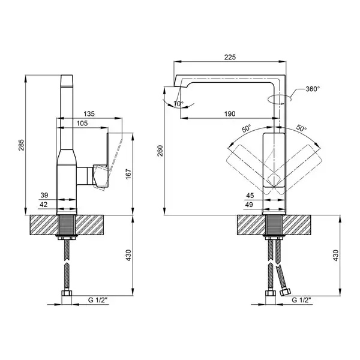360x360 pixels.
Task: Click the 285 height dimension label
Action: (x=21, y=145)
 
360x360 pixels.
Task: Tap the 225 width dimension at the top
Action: (x=230, y=57)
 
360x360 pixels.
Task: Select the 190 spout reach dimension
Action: (x=230, y=113)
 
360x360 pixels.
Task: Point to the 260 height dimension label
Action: (x=160, y=151)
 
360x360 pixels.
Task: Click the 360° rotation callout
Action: (x=313, y=89)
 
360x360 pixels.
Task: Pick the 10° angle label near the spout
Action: (x=178, y=104)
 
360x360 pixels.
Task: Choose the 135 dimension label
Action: (x=89, y=113)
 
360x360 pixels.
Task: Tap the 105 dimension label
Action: (x=82, y=123)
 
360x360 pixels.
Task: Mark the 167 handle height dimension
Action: (x=128, y=174)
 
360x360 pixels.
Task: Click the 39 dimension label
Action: (x=44, y=195)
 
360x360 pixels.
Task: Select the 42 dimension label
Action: (x=44, y=205)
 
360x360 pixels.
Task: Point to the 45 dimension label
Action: (x=250, y=196)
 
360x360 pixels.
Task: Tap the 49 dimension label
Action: (x=249, y=205)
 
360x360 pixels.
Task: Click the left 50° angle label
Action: (x=247, y=128)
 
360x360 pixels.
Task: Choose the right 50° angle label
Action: (x=301, y=128)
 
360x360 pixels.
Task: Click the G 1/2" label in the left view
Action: (x=98, y=300)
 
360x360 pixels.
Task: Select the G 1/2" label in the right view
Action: (x=301, y=300)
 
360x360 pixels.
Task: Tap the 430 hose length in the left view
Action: (x=128, y=255)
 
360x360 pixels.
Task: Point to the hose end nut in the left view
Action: (x=67, y=293)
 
